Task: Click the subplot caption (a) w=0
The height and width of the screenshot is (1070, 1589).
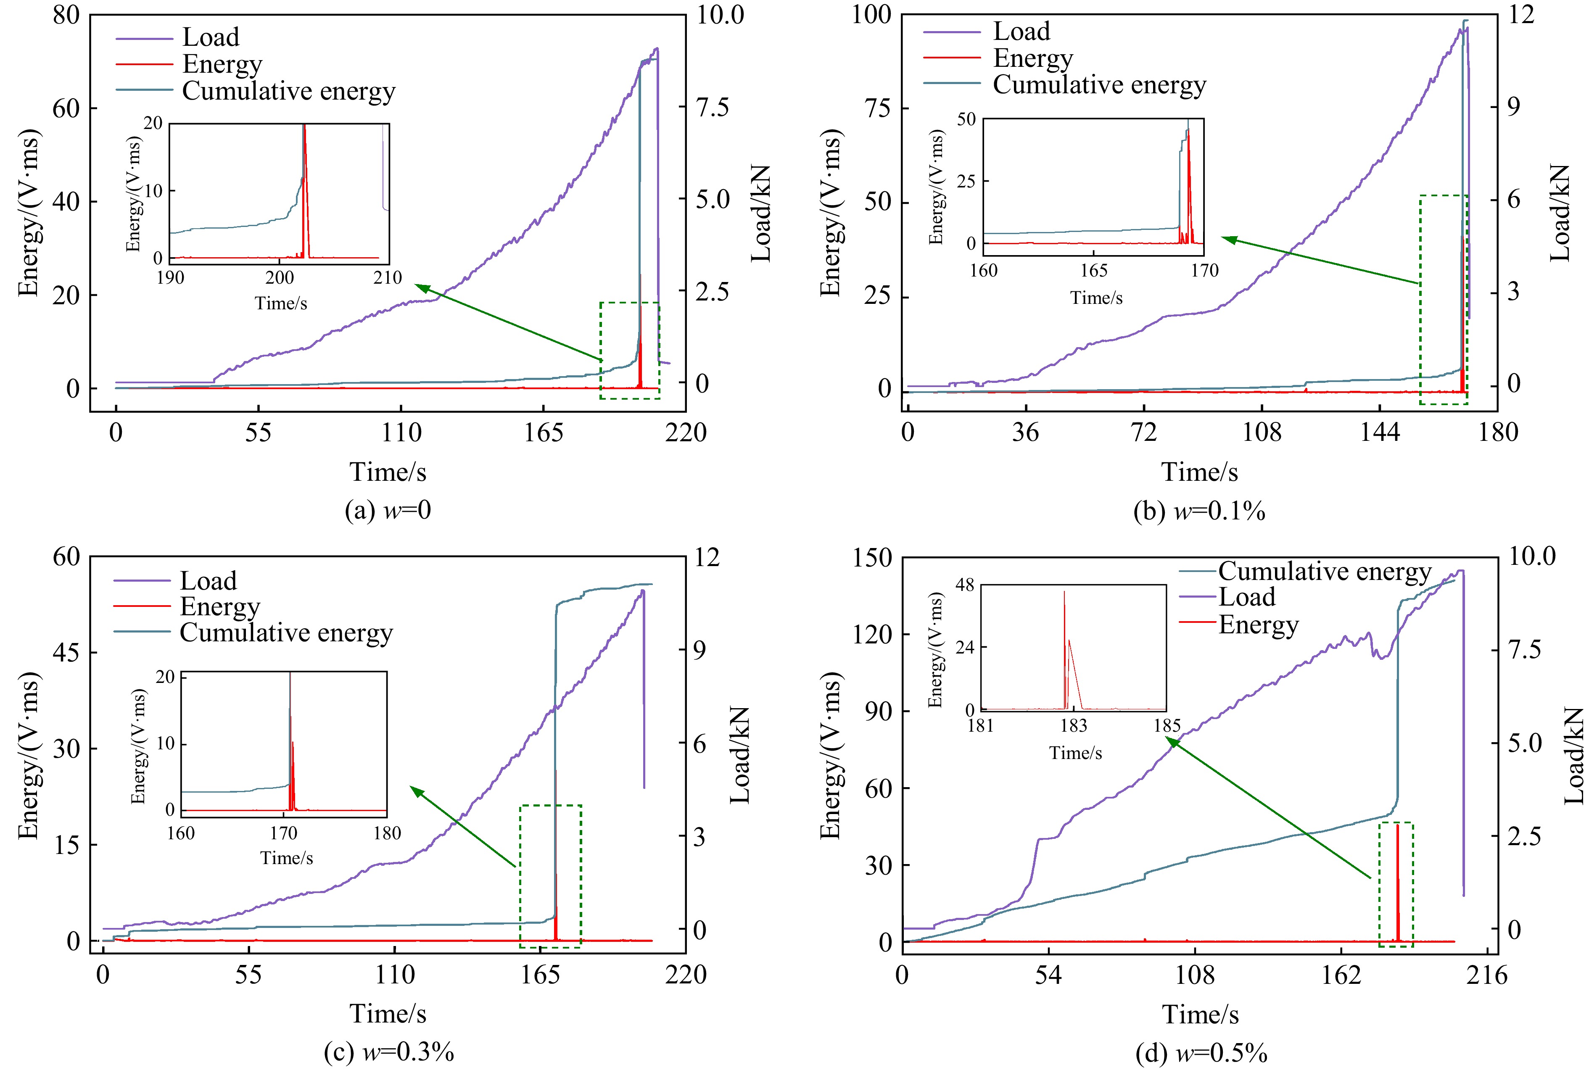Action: (388, 511)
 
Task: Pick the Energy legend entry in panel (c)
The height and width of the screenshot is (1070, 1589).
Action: (220, 606)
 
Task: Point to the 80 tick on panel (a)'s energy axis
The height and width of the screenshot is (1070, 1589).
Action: (66, 15)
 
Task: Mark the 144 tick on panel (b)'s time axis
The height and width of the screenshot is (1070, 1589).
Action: (1380, 432)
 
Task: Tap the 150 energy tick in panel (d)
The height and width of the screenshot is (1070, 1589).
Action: (871, 558)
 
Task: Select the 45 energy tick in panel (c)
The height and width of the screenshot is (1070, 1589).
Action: (66, 652)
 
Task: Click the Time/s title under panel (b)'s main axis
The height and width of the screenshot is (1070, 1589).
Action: (1199, 472)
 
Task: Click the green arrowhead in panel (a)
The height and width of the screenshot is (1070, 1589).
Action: (420, 287)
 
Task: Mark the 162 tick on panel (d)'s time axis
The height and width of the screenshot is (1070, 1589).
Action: (1341, 975)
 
